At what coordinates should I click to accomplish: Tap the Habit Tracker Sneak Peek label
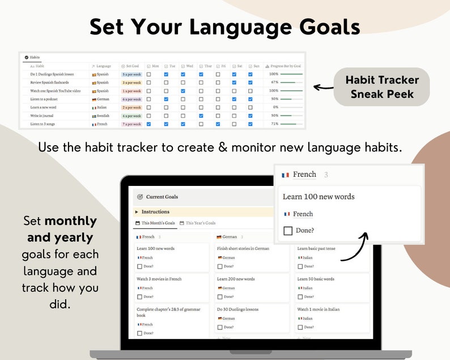pyautogui.click(x=382, y=87)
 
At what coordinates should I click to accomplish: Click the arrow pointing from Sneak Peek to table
pyautogui.click(x=324, y=87)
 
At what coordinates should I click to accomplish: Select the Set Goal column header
pyautogui.click(x=131, y=66)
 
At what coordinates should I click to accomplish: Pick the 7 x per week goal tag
pyautogui.click(x=131, y=124)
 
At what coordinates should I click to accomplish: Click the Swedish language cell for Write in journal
pyautogui.click(x=101, y=116)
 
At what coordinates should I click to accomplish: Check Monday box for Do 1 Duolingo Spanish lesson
pyautogui.click(x=148, y=74)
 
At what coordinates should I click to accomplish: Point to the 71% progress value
pyautogui.click(x=274, y=124)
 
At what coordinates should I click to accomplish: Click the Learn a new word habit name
pyautogui.click(x=43, y=107)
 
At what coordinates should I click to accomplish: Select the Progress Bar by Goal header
pyautogui.click(x=284, y=66)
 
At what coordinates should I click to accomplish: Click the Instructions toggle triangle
pyautogui.click(x=137, y=212)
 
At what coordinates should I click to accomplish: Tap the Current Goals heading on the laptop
pyautogui.click(x=162, y=197)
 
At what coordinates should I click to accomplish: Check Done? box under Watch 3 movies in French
pyautogui.click(x=140, y=297)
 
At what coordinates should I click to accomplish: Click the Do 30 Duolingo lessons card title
pyautogui.click(x=237, y=310)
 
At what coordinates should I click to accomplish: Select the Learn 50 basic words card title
pyautogui.click(x=316, y=279)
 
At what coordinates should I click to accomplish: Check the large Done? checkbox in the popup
pyautogui.click(x=288, y=231)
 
